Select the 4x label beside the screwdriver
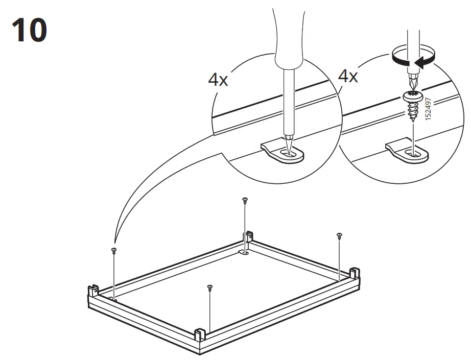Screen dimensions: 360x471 [x=348, y=77]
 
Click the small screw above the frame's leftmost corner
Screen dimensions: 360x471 [x=113, y=250]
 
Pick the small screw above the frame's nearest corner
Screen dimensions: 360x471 [x=209, y=288]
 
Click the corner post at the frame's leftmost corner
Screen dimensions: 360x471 [x=93, y=292]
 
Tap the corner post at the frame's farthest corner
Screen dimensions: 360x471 [x=250, y=236]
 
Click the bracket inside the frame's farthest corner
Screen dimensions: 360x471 [x=244, y=252]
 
